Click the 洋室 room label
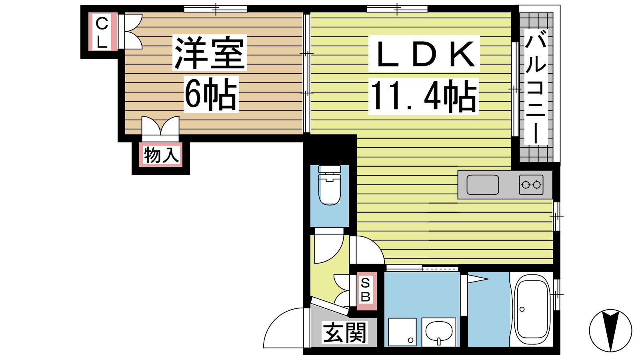[209, 53]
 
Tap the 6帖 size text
[211, 94]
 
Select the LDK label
[424, 54]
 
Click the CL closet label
[102, 32]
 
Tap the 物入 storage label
[161, 155]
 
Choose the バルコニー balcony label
[536, 88]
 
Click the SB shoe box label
[366, 290]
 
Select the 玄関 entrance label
[344, 333]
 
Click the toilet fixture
[330, 186]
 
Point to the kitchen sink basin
[483, 185]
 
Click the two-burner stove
[531, 185]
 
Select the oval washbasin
[439, 331]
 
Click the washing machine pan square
[402, 332]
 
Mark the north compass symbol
[610, 330]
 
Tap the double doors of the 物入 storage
[160, 126]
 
